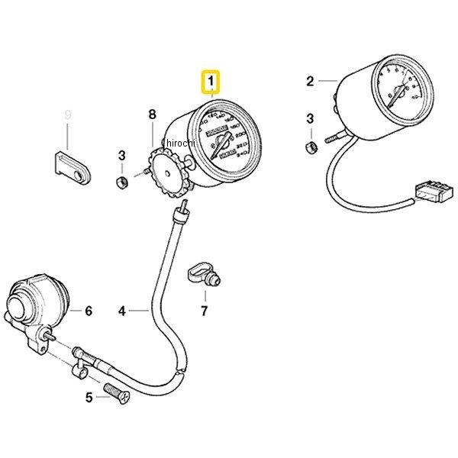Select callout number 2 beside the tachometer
(310, 81)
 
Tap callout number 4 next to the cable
(121, 311)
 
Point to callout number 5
(89, 397)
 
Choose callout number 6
(88, 311)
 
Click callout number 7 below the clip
(204, 311)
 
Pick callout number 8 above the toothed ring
(152, 115)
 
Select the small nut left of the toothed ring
(121, 182)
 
